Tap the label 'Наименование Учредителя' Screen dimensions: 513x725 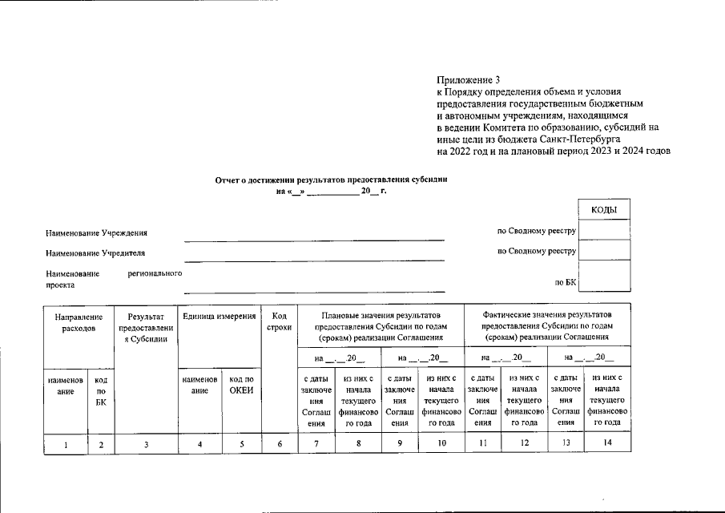95,253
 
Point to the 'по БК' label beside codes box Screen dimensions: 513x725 566,283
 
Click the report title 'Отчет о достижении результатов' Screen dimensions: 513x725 330,181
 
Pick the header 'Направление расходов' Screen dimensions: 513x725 79,323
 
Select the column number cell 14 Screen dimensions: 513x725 608,443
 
